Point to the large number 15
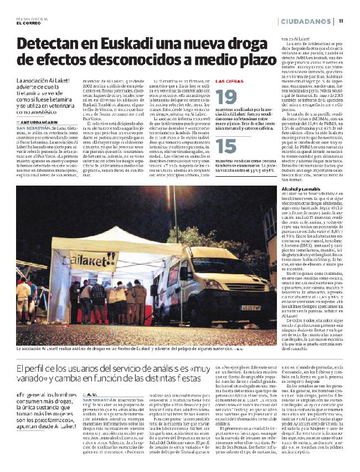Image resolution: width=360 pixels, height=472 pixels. tap(225, 146)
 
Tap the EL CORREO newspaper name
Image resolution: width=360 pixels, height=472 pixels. tap(28, 23)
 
